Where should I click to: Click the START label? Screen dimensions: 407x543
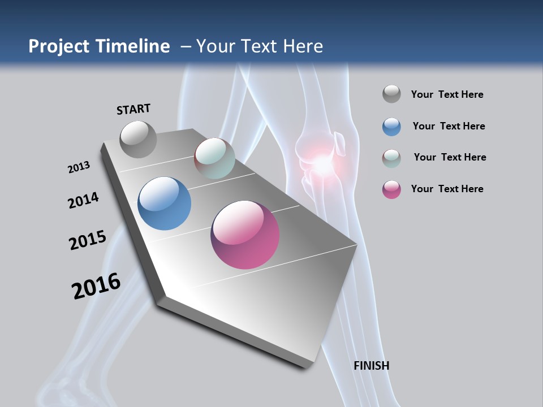[133, 109]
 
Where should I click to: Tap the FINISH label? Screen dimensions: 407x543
[371, 366]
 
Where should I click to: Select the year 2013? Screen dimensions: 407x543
[79, 167]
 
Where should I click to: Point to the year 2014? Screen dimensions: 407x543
[83, 201]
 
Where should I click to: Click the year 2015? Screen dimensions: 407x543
[88, 240]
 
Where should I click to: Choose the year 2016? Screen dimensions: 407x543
[96, 286]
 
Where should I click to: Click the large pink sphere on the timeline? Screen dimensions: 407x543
[245, 234]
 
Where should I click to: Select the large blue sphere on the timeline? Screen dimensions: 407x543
[165, 203]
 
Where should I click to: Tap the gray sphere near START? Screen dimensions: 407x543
[139, 139]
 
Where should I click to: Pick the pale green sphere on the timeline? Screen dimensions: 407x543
[214, 158]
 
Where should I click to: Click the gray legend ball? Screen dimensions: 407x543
[391, 94]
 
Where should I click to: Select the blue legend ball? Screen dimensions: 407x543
[391, 126]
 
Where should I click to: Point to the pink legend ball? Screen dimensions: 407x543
[391, 189]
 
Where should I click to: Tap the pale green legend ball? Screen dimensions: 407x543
[391, 158]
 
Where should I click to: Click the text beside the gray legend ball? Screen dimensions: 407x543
[447, 94]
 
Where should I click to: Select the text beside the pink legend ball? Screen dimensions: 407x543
[447, 189]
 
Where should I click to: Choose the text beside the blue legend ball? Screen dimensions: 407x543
[449, 126]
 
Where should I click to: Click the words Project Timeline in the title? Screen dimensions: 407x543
[99, 46]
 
